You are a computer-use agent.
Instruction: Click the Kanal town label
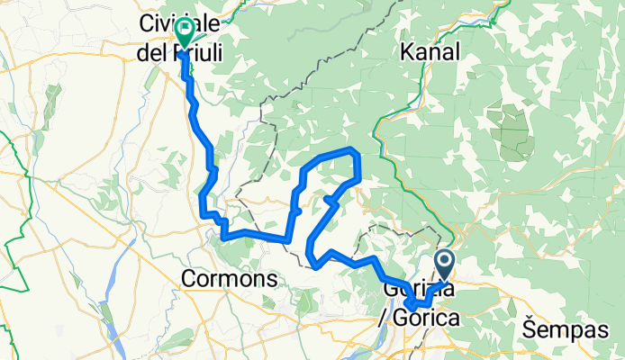(x=433, y=52)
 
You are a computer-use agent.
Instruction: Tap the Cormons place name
(x=229, y=279)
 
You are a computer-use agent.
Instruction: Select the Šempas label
(x=564, y=329)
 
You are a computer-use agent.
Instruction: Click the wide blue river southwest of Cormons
(x=116, y=337)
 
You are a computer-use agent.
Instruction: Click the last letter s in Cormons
(x=271, y=279)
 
